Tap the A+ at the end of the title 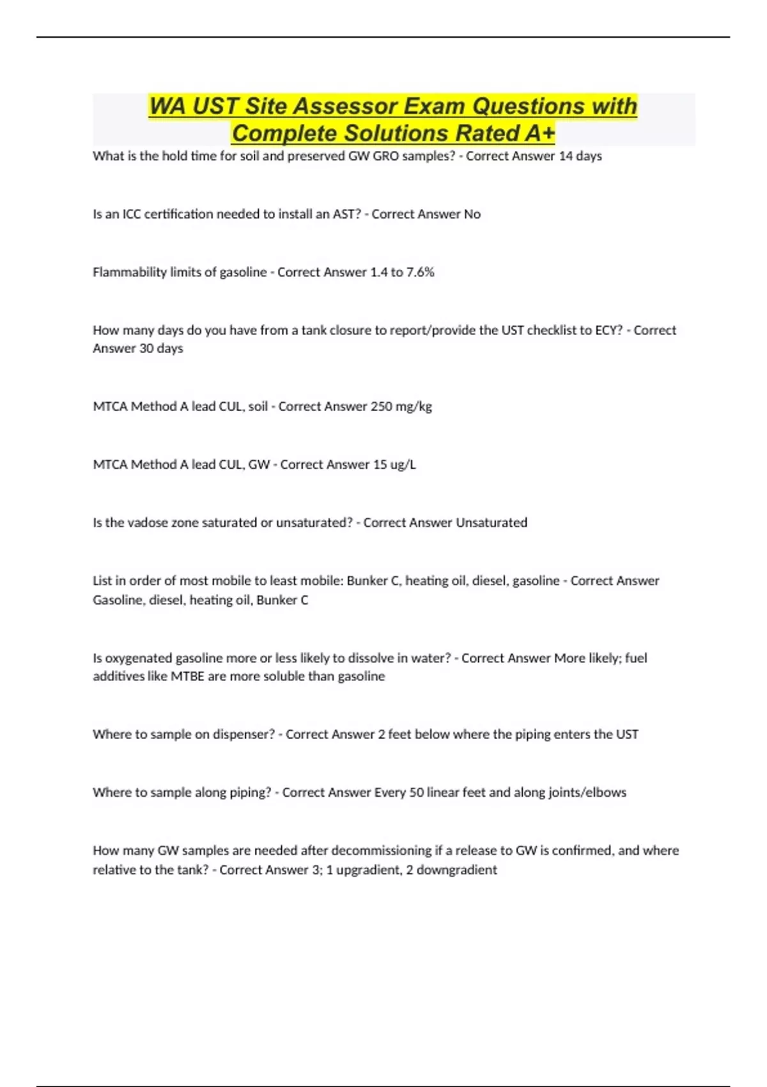pos(539,134)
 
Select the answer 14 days pos(580,156)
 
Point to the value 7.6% pos(420,272)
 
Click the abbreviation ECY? pos(607,331)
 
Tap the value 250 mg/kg pos(401,407)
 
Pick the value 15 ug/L pos(394,465)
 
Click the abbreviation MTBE pos(187,676)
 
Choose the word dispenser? pos(243,735)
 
